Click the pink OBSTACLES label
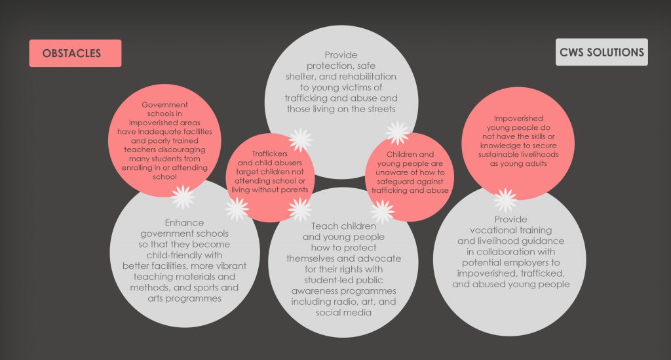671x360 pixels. [75, 53]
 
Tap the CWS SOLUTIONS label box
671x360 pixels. [602, 52]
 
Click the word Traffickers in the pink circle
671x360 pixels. [269, 153]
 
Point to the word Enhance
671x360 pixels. [184, 222]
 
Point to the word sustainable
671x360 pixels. [497, 154]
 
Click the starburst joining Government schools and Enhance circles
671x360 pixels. [183, 197]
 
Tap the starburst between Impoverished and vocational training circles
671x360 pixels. [505, 200]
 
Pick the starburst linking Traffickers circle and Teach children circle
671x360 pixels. [299, 210]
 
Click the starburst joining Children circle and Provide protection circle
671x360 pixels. [398, 132]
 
